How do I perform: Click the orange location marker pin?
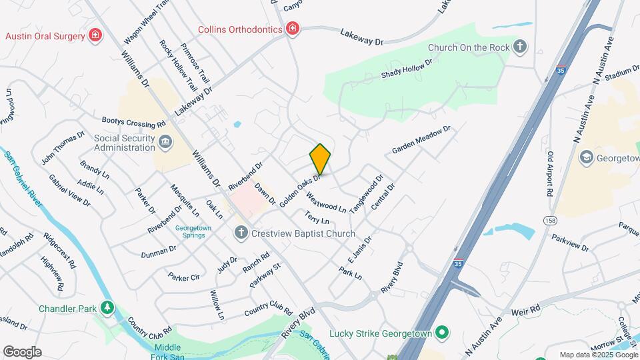coord(320,159)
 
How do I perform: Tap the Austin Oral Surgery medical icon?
coord(95,35)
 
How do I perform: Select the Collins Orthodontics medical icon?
coord(291,29)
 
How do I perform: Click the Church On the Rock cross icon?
coord(520,47)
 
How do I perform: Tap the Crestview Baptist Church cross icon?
coord(241,233)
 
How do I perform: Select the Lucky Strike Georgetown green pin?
coord(441,332)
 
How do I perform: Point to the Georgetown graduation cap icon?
coord(587,157)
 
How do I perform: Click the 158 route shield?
coord(549,219)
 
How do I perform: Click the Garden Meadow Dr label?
coord(421,139)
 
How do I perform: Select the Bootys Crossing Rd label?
coord(133,123)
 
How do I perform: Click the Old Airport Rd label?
coord(551,173)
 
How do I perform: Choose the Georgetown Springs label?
coord(193,231)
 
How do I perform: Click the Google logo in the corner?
coord(22,352)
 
